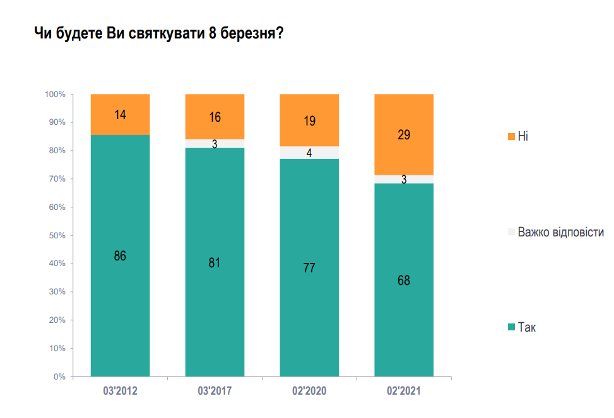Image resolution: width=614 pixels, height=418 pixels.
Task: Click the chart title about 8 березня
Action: coord(158,34)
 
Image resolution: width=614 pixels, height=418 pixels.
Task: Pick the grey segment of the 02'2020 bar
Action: coord(309,153)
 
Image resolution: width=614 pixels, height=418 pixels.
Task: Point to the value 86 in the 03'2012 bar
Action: coord(120,256)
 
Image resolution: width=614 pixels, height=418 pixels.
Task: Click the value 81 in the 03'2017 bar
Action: coord(215,263)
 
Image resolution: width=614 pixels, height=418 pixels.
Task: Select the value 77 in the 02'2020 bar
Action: coord(309,268)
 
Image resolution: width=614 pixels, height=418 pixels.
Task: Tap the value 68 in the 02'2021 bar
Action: coord(404,281)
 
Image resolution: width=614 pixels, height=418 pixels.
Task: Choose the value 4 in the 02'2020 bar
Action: coord(309,153)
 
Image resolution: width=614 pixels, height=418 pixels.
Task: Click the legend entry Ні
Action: coord(522,136)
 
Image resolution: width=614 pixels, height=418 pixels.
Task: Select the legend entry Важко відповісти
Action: coord(560,233)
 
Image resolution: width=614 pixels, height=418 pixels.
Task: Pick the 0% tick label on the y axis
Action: coord(59,376)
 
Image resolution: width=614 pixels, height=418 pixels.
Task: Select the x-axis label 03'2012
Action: coord(120,392)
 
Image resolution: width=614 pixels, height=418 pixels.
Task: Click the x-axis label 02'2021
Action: coord(404,392)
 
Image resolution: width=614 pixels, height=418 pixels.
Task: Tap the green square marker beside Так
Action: coord(511,327)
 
